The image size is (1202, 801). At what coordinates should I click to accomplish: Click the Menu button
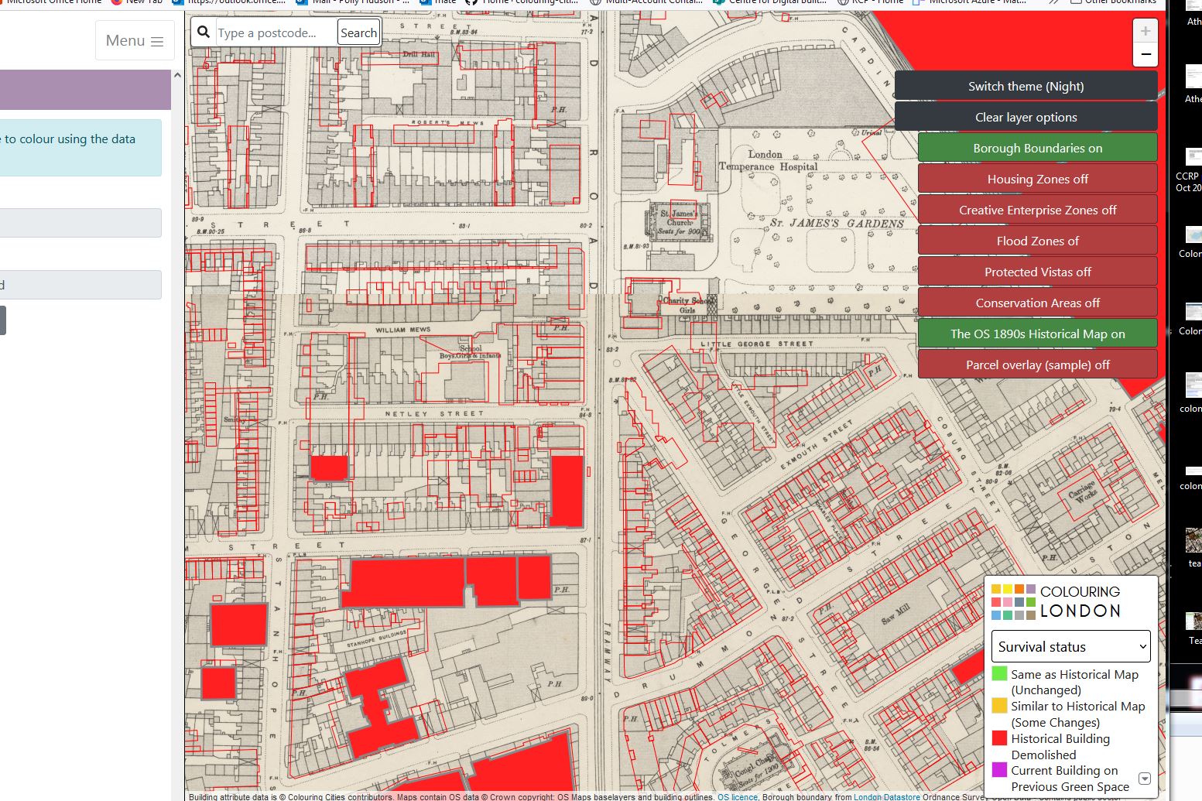tap(135, 41)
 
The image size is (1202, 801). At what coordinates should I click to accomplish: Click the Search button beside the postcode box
tap(358, 33)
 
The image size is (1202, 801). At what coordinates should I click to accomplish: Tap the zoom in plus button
tap(1145, 31)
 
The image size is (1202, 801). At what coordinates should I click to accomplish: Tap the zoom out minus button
tap(1145, 55)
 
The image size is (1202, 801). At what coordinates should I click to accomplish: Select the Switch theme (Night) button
tap(1026, 86)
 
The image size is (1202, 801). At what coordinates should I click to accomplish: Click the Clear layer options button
tap(1026, 117)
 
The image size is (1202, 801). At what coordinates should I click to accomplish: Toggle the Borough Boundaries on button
tap(1037, 148)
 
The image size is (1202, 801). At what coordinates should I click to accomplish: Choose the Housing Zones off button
tap(1037, 179)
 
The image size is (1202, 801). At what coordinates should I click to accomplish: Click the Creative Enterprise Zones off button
tap(1037, 210)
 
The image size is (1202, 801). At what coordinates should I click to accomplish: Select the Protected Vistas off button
tap(1037, 272)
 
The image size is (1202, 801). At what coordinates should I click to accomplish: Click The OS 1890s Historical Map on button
tap(1037, 334)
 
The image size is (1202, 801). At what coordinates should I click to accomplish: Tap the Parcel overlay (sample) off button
tap(1037, 365)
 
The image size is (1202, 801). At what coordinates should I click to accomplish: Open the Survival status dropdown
tap(1070, 646)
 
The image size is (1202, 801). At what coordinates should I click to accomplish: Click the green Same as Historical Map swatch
tap(999, 674)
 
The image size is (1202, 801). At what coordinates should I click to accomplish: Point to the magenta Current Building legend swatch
tap(999, 770)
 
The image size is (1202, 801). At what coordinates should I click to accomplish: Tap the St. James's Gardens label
tap(836, 224)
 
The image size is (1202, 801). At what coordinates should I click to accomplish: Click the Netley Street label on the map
tap(433, 414)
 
